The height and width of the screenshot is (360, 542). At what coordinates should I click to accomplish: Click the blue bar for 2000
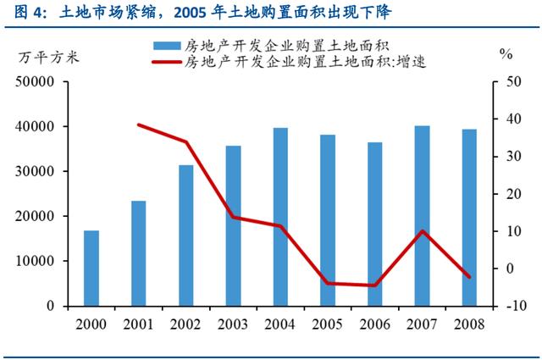91,268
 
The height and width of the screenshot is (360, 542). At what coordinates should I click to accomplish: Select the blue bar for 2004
279,217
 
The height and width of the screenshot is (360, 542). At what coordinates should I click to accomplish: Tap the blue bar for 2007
422,215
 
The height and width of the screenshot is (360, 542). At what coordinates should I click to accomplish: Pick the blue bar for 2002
185,235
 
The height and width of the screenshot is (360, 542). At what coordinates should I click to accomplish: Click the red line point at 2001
138,125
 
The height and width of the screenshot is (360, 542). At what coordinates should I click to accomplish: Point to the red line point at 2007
422,231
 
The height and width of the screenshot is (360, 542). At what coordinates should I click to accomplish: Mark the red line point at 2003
233,217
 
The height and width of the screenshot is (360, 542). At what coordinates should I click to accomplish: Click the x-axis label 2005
327,325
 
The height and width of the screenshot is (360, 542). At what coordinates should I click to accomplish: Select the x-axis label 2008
468,325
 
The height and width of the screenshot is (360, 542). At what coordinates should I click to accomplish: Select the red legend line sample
166,62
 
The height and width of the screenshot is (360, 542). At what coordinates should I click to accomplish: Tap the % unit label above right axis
506,54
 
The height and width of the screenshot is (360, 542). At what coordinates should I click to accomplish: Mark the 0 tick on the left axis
50,306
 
